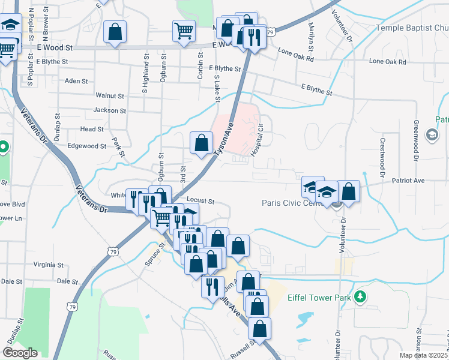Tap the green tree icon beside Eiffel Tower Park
tap(360, 296)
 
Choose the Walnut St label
tap(109, 95)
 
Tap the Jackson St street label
tap(110, 110)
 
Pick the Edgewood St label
tap(87, 146)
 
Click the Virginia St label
tap(49, 265)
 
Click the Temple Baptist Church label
tap(412, 28)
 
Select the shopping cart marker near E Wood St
tap(184, 30)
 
